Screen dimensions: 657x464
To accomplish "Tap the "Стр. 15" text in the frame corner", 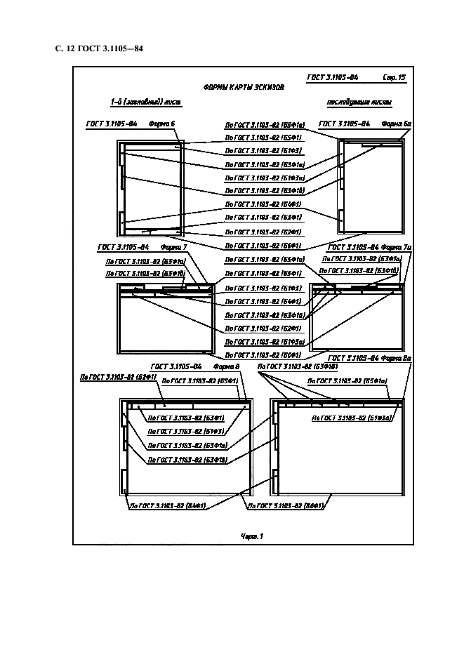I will click(394, 77).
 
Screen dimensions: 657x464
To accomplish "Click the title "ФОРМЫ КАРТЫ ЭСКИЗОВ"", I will click(244, 88).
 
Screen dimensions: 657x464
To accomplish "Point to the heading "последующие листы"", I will click(359, 102).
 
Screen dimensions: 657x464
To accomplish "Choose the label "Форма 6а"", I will click(396, 124).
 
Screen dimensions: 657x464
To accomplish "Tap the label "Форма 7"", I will click(173, 247).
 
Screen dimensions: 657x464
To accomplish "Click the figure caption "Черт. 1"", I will click(251, 537).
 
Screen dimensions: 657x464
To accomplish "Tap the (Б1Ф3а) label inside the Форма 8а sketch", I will click(351, 417).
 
